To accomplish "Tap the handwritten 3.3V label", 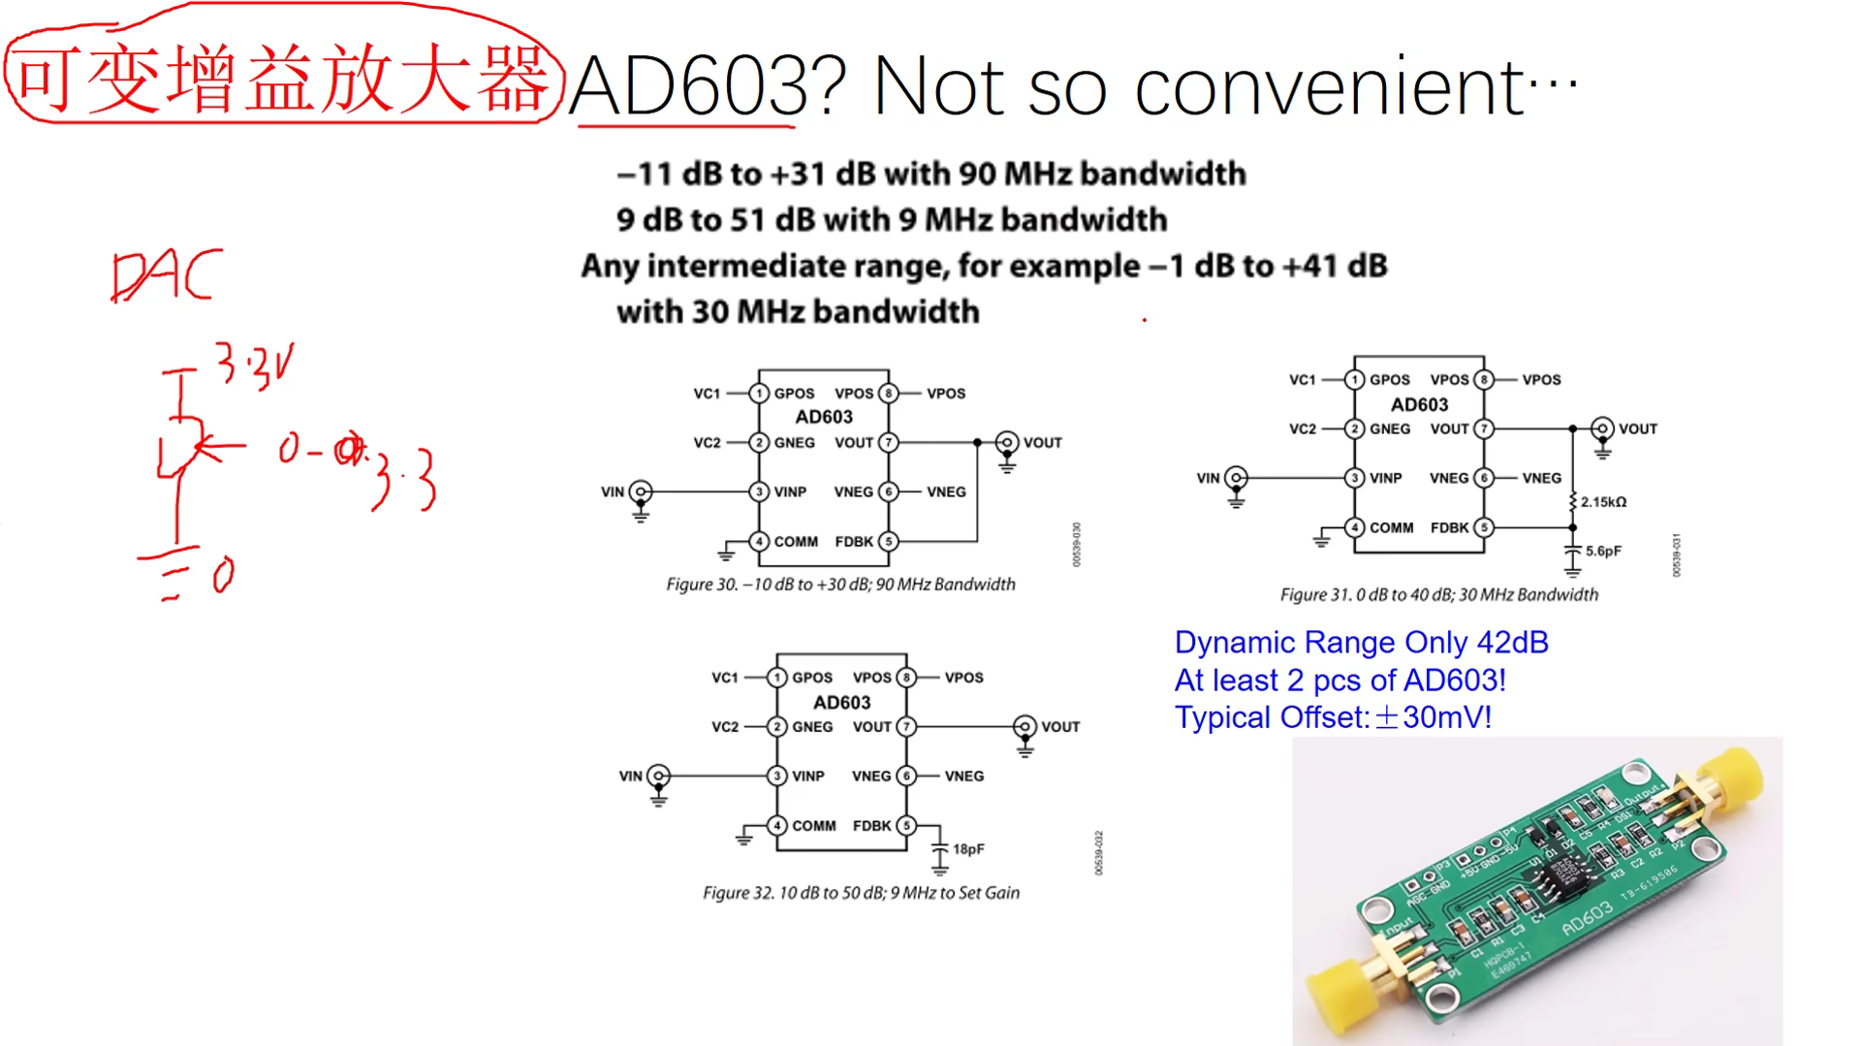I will pyautogui.click(x=254, y=366).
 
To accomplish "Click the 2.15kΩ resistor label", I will pyautogui.click(x=1603, y=502).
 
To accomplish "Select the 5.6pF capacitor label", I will pyautogui.click(x=1603, y=552).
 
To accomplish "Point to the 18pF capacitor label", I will pyautogui.click(x=968, y=849).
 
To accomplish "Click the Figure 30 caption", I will pyautogui.click(x=840, y=585).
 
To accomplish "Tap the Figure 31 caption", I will pyautogui.click(x=1438, y=595).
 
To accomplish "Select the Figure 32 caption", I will pyautogui.click(x=861, y=893).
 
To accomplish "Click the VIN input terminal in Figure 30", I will pyautogui.click(x=640, y=491).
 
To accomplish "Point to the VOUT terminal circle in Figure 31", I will pyautogui.click(x=1602, y=428).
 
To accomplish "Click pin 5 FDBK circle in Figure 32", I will pyautogui.click(x=906, y=826).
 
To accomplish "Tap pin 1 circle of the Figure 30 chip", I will pyautogui.click(x=759, y=394).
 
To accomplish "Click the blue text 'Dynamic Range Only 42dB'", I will pyautogui.click(x=1361, y=643).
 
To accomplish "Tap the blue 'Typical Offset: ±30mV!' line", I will pyautogui.click(x=1333, y=718).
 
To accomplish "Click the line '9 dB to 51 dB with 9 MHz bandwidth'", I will pyautogui.click(x=891, y=220).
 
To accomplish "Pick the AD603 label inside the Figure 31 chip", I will pyautogui.click(x=1419, y=405).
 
